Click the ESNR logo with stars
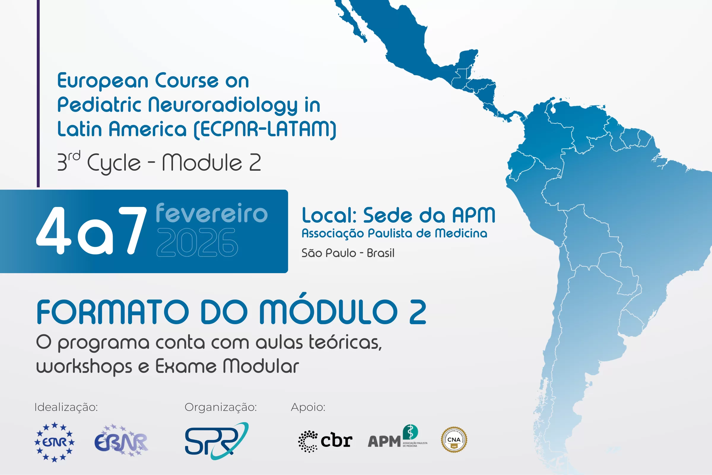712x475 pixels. click(x=55, y=442)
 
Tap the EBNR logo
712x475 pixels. click(x=121, y=441)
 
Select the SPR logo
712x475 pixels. click(x=216, y=441)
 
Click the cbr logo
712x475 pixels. click(x=325, y=441)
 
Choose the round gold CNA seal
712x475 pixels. click(x=454, y=440)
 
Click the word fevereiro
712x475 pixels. click(x=212, y=213)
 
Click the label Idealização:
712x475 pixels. click(x=66, y=407)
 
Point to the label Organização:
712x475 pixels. click(x=221, y=407)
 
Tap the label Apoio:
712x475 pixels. click(x=308, y=407)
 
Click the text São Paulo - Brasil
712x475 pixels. click(x=348, y=253)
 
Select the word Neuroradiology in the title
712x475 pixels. click(x=223, y=105)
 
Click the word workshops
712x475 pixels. click(x=84, y=367)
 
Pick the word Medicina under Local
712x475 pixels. click(x=461, y=233)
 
